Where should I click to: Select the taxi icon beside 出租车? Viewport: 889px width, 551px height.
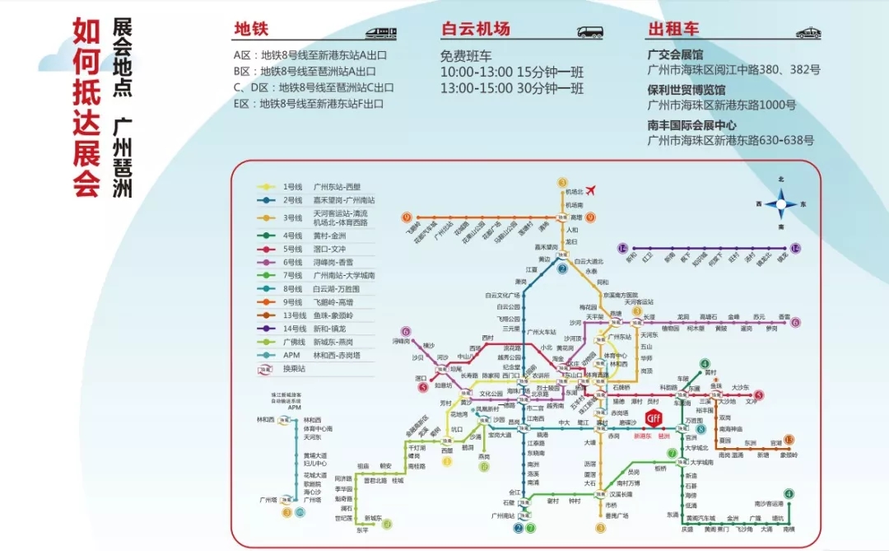tap(809, 32)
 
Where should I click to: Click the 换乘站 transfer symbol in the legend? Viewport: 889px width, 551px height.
tap(266, 370)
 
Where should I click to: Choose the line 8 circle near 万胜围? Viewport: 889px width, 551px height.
tap(701, 429)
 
